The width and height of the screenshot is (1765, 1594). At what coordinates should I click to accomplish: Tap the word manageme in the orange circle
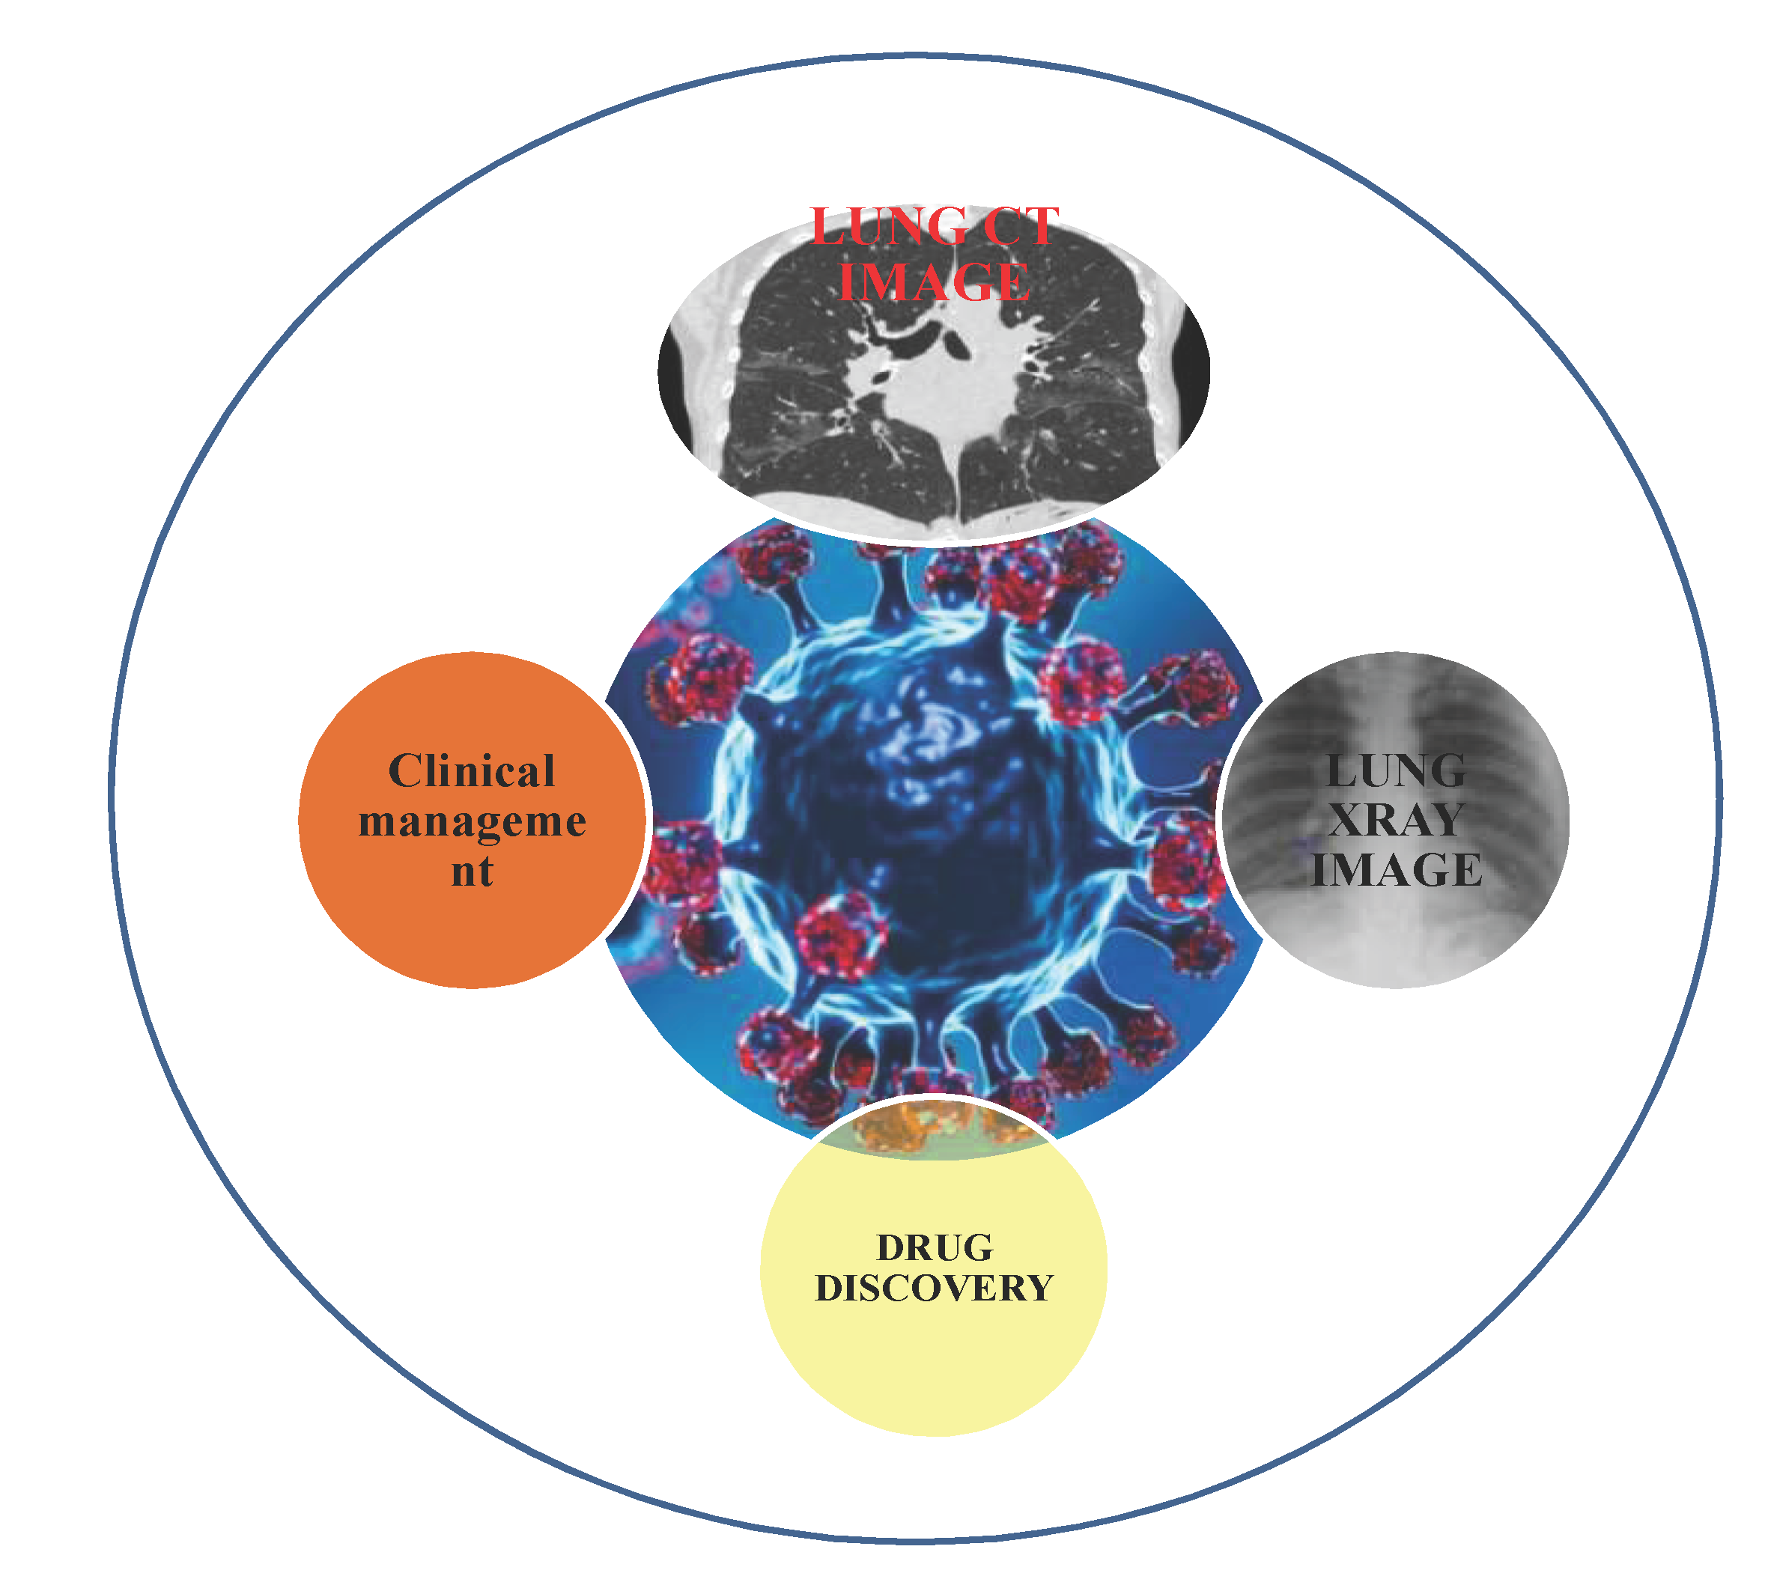tap(472, 822)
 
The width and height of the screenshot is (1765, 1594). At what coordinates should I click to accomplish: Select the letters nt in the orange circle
tap(472, 871)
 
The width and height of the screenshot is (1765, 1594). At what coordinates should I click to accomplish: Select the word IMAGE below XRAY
tap(1396, 870)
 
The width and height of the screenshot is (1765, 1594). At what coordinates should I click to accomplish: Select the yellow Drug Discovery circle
tap(934, 1366)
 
